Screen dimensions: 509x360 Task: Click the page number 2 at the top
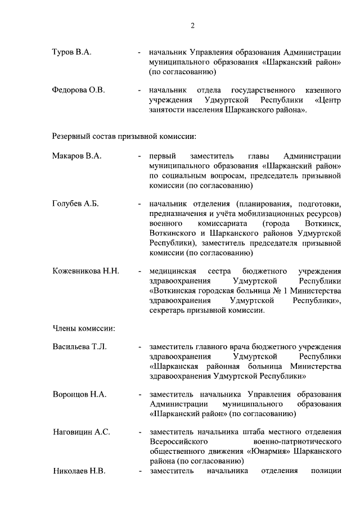192,25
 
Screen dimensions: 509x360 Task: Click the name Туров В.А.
71,52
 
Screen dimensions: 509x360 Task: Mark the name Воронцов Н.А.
79,394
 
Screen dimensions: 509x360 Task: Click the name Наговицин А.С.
81,432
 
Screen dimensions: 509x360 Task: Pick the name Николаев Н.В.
79,471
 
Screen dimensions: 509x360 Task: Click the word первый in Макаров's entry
163,156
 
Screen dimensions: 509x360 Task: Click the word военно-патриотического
298,442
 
